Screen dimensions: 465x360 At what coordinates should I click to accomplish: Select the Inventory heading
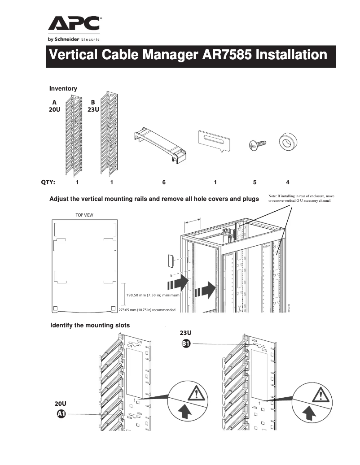coord(63,89)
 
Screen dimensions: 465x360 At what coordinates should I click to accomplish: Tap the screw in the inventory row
coord(257,144)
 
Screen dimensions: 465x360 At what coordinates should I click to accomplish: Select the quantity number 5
coord(255,183)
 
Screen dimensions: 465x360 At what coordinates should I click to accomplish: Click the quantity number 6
coord(164,183)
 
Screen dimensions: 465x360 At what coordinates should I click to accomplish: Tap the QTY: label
coord(48,183)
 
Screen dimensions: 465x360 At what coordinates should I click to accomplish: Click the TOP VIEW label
coord(84,215)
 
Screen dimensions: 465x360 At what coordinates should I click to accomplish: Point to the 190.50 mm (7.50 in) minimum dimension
coord(153,296)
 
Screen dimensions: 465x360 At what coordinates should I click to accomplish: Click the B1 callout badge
coord(186,344)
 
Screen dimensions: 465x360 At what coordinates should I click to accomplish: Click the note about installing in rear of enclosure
coord(301,199)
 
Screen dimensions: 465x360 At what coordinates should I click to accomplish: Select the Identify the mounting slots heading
coord(90,325)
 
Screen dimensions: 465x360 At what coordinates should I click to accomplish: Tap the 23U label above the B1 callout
coord(186,333)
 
